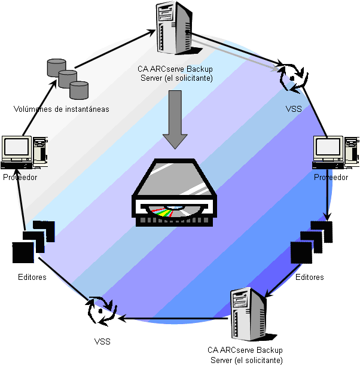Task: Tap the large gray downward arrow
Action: (176, 119)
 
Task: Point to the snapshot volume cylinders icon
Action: (68, 78)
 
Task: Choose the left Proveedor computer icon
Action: (23, 153)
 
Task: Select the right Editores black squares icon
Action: (310, 242)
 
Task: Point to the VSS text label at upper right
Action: (294, 109)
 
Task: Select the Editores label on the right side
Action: (310, 277)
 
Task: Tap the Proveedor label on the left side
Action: (20, 178)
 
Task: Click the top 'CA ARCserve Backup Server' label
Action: (175, 74)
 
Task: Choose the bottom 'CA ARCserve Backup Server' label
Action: (245, 355)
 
